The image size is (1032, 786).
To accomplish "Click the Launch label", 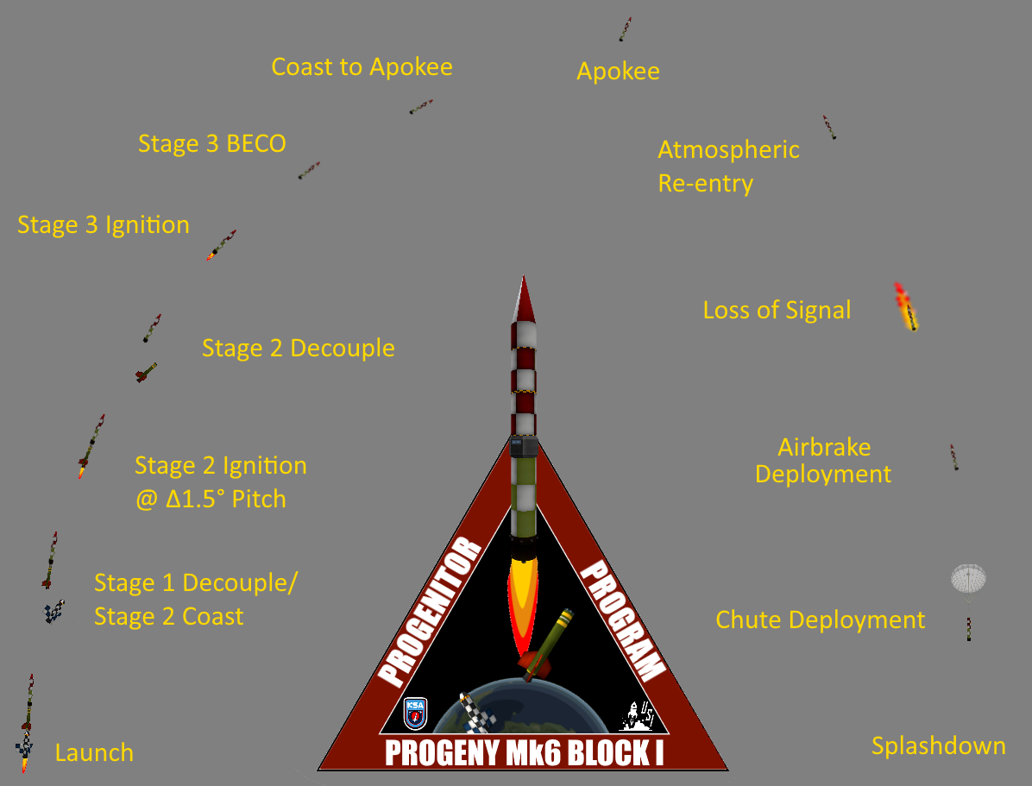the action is point(94,752).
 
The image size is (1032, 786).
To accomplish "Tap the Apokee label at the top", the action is point(618,71).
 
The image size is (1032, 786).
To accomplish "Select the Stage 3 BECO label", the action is point(211,143).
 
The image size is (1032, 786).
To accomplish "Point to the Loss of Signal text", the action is point(777,310).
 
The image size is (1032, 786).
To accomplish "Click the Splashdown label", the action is point(938,745).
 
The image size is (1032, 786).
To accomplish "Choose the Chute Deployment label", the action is point(820,619).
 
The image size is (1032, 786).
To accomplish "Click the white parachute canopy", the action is point(968,577).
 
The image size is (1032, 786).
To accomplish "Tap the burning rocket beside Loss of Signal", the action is point(906,307).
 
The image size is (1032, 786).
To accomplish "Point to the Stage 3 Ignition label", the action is point(104,225).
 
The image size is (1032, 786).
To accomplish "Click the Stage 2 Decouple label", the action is point(298,348).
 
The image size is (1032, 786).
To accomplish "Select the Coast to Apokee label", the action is point(362,66).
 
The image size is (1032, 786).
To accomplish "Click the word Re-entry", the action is point(705,184).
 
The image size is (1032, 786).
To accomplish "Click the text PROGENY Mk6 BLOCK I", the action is point(524,753).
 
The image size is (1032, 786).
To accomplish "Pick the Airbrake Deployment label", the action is point(823,461).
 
